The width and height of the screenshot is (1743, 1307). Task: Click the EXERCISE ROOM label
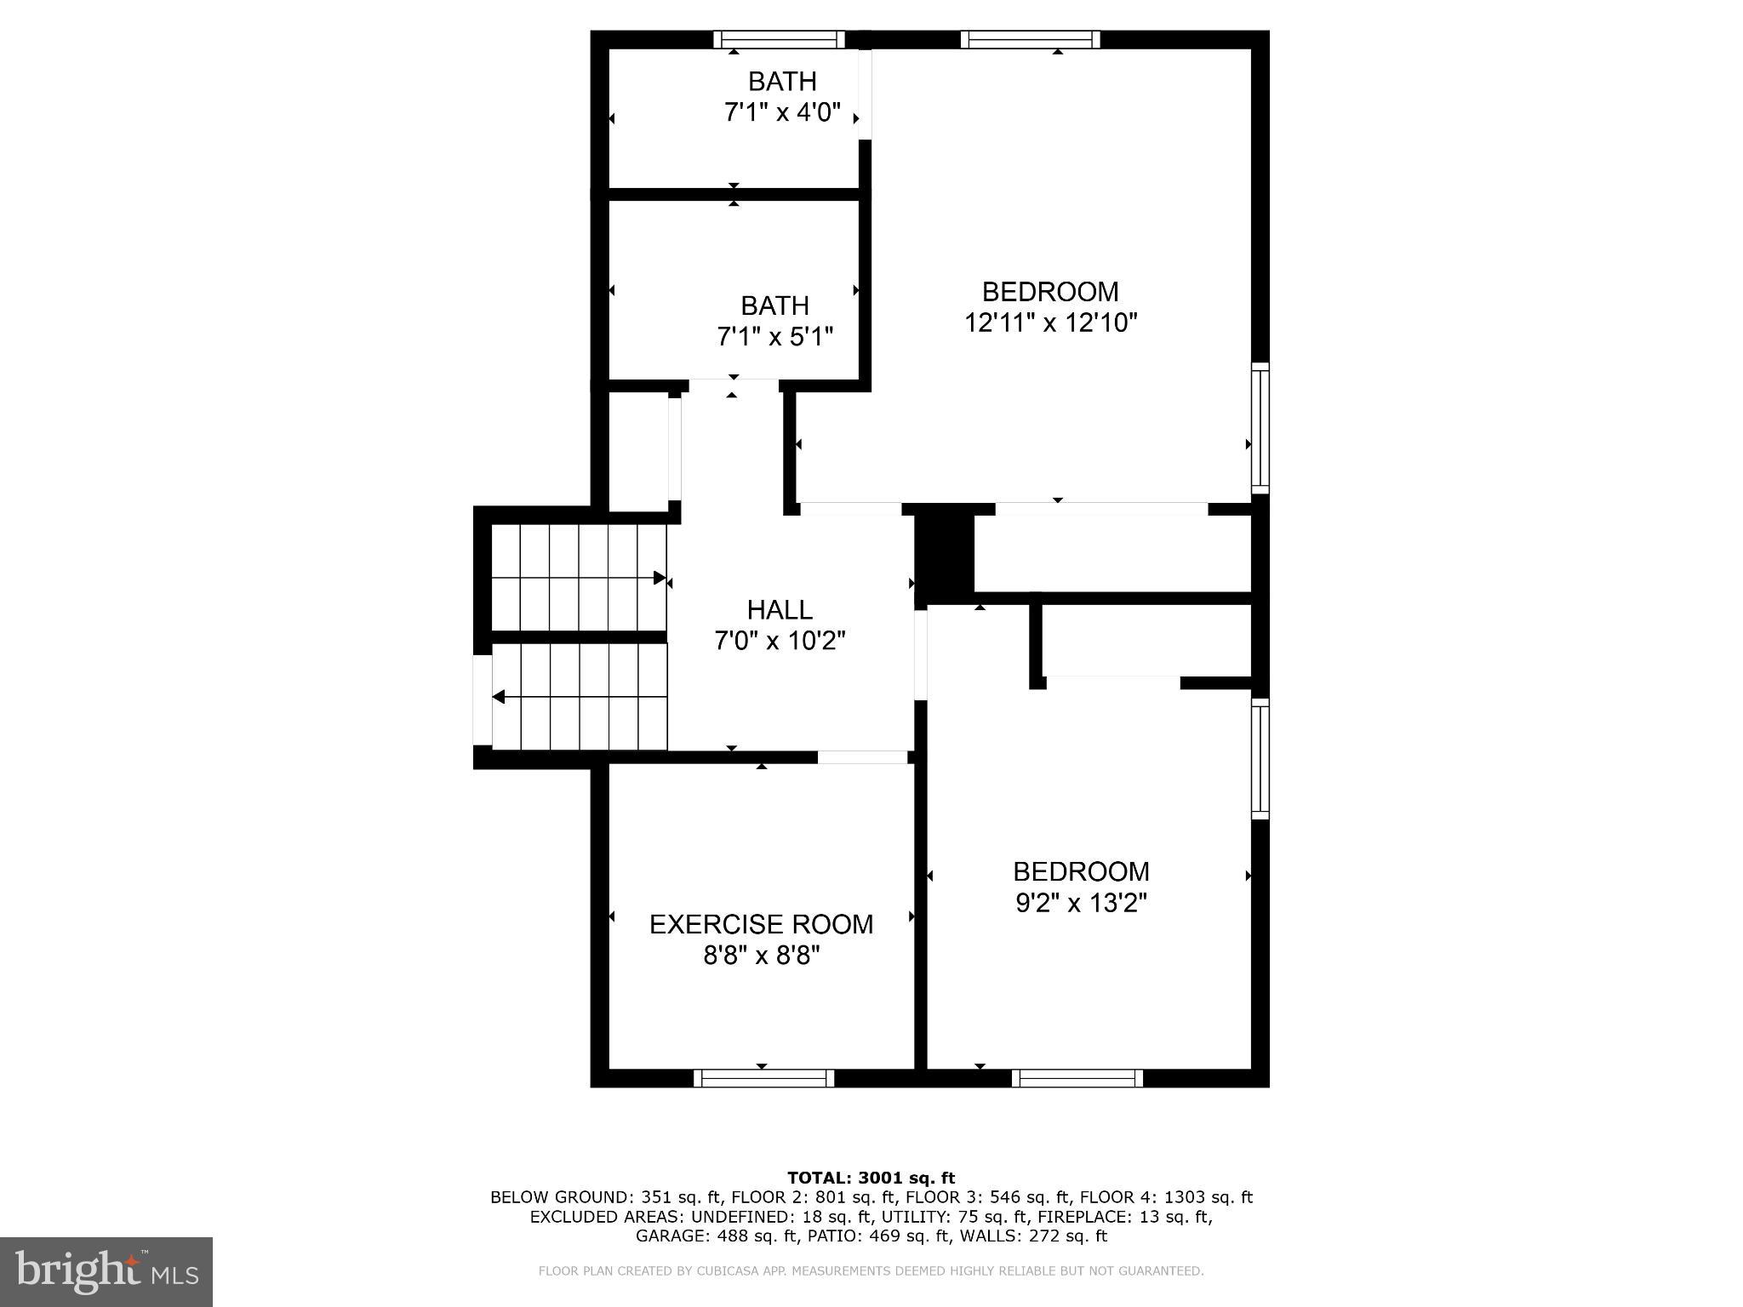(761, 924)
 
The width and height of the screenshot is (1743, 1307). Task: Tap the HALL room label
(780, 609)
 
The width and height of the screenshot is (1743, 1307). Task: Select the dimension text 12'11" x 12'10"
(1050, 323)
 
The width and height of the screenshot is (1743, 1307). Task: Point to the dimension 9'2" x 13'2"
(1081, 903)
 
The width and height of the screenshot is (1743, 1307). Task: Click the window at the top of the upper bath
(779, 39)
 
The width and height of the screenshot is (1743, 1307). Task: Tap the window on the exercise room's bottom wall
(763, 1078)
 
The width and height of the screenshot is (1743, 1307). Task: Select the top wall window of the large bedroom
(1030, 39)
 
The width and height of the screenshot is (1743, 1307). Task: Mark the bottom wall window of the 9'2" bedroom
(1077, 1078)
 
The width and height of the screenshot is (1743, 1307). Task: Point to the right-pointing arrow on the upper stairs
(659, 579)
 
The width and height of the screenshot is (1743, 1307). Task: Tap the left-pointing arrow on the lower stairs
(499, 697)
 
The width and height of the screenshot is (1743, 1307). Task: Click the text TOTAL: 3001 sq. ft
(871, 1178)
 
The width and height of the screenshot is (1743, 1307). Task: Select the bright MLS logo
(106, 1271)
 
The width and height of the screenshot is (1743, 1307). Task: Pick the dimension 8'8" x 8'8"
(761, 956)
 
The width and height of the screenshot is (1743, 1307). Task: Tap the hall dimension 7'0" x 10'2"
(780, 641)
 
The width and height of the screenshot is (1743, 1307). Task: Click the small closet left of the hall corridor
(638, 451)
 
